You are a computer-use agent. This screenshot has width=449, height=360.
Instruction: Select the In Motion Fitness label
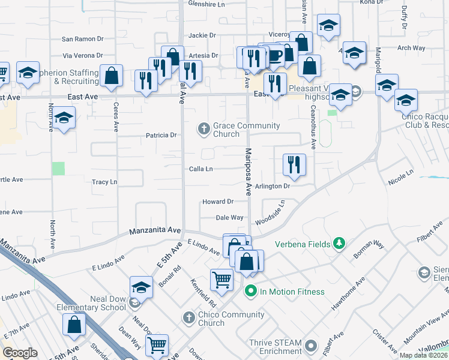pos(292,292)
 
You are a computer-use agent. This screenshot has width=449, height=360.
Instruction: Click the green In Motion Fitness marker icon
pos(251,292)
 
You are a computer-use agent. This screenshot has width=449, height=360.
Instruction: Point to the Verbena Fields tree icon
pos(339,243)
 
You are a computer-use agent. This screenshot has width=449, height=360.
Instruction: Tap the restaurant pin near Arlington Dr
pos(294,166)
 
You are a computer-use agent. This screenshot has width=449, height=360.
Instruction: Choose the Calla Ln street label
pos(201,169)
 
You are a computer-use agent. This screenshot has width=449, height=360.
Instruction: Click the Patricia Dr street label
pos(161,136)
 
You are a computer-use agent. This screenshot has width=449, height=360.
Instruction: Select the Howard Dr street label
pos(217,202)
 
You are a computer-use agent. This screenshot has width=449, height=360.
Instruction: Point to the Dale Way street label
pos(229,218)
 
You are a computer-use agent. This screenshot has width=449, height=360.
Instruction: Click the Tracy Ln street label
pos(104,182)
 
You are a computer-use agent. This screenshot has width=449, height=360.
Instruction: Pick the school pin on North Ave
pos(64,118)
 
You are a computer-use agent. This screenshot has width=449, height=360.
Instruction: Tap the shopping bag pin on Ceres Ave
pos(112,76)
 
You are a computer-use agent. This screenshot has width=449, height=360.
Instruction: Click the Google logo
pos(20,353)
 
